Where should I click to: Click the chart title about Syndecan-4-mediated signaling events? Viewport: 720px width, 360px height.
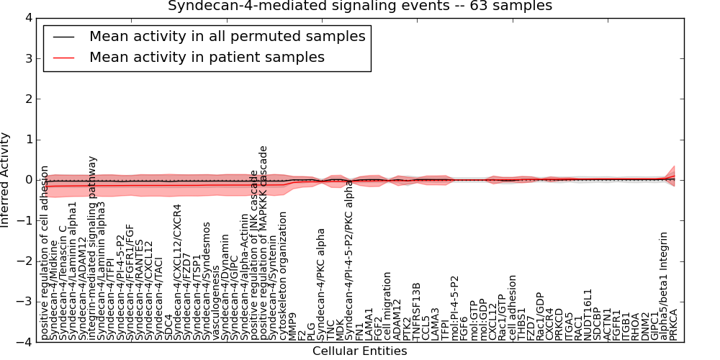pyautogui.click(x=360, y=6)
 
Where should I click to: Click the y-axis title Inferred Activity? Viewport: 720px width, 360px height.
pyautogui.click(x=6, y=180)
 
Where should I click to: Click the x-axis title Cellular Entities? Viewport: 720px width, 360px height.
pyautogui.click(x=359, y=351)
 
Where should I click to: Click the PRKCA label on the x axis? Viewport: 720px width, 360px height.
pyautogui.click(x=673, y=322)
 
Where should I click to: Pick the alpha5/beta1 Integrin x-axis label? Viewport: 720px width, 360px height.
pyautogui.click(x=664, y=285)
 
